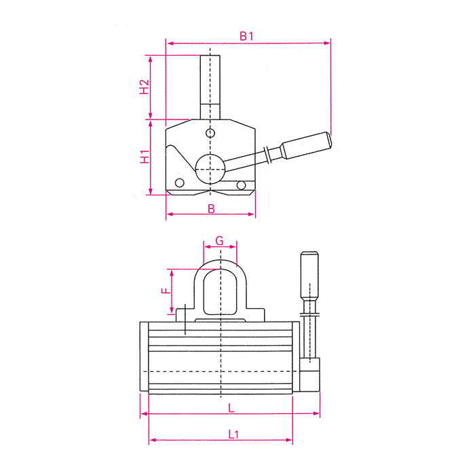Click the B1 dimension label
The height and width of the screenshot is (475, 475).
pos(246,36)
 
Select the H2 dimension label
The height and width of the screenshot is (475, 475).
pos(143,87)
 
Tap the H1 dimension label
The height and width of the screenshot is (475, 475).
pos(144,157)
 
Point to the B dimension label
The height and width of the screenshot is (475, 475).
pos(211,209)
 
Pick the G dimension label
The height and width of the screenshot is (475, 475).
pos(219,241)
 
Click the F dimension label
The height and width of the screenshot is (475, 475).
pos(164,291)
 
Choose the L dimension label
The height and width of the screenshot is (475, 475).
pos(231,408)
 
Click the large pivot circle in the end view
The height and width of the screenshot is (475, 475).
pos(210,166)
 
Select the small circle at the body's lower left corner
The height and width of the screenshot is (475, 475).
pos(180,183)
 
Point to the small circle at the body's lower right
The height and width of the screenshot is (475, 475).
pos(242,185)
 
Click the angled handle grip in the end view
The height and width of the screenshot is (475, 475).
pos(307,145)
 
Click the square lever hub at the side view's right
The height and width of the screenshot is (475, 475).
pos(309,377)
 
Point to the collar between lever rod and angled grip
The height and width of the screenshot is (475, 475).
pos(270,154)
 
